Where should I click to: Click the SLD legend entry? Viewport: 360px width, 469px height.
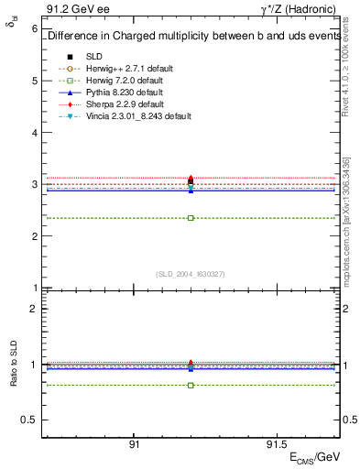(94, 56)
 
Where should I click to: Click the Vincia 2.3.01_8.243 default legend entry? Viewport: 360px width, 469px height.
(138, 116)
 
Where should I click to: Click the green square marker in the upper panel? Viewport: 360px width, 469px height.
(191, 218)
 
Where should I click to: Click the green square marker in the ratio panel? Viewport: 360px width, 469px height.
(191, 386)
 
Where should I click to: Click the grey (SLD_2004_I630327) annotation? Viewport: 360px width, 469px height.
(191, 273)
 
